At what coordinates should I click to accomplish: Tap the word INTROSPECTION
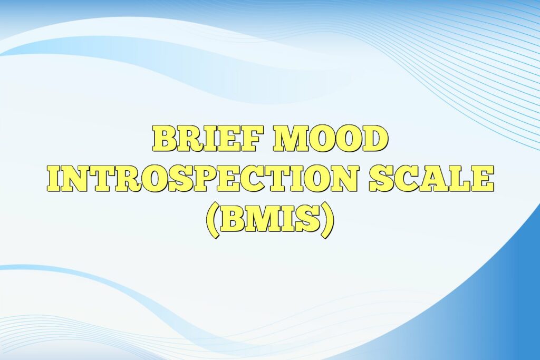[x=204, y=179]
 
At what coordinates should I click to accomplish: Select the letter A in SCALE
[x=433, y=179]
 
